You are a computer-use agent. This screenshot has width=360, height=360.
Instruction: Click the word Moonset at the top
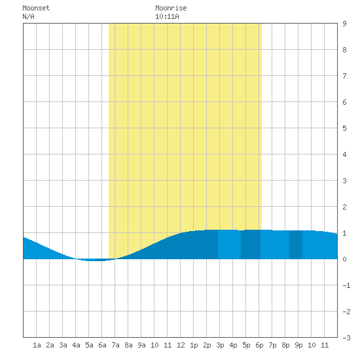click(x=36, y=8)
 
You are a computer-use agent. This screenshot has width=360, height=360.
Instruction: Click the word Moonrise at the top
click(x=171, y=8)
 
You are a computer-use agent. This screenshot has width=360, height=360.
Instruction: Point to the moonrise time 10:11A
click(x=167, y=16)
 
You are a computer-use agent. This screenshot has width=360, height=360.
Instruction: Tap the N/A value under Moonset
click(x=28, y=16)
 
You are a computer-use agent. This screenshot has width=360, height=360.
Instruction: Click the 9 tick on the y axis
click(x=344, y=24)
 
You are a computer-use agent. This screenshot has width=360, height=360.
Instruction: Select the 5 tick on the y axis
click(x=344, y=128)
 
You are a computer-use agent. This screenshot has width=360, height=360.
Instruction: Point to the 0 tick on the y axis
click(x=344, y=259)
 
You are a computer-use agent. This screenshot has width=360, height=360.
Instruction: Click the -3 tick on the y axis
click(x=346, y=338)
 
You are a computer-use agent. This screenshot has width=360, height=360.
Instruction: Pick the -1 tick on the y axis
click(x=346, y=285)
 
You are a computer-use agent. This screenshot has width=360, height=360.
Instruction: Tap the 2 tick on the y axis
click(x=344, y=207)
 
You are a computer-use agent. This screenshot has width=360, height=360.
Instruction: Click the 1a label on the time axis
click(x=37, y=345)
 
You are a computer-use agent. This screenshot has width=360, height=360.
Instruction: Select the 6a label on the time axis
click(x=102, y=345)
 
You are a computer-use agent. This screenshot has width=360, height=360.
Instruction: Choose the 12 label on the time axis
click(x=181, y=345)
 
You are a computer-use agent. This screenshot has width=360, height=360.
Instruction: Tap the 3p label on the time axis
click(x=220, y=346)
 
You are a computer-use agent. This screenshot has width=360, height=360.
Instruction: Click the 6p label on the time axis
click(x=259, y=346)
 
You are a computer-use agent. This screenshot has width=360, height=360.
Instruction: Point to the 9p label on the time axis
click(x=298, y=346)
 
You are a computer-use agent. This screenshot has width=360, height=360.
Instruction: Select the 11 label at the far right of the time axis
click(x=325, y=345)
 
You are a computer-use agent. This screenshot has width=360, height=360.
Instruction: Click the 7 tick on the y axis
click(x=344, y=76)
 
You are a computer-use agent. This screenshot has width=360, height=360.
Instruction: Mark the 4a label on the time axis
click(x=76, y=345)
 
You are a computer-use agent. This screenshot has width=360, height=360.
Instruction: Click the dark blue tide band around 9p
click(x=296, y=245)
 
